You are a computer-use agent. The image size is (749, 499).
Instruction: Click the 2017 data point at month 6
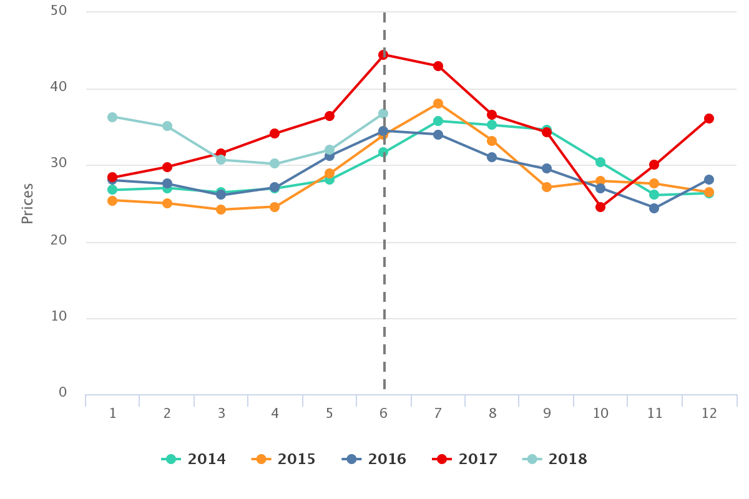coord(384,55)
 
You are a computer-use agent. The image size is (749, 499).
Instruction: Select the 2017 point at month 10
coord(600,207)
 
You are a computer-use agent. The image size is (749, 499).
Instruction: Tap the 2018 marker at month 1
coord(112,117)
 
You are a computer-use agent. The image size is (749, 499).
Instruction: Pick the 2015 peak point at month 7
coord(438,104)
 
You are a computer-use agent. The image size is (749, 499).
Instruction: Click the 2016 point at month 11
coord(654,208)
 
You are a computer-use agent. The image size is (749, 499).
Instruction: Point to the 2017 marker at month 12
coord(709,119)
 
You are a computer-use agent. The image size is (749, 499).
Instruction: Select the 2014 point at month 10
coord(600,162)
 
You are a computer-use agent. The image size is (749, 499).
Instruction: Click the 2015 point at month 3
coord(221,210)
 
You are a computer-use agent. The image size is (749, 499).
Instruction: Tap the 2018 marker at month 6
coord(383,114)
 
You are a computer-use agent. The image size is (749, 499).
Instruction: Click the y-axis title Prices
coord(27,203)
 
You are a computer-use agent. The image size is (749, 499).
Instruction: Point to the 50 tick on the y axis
coord(59,11)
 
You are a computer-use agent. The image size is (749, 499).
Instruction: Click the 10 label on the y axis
coord(59,316)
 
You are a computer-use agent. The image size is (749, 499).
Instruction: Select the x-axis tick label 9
coord(547,414)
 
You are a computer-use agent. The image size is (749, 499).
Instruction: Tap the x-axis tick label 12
coord(709,414)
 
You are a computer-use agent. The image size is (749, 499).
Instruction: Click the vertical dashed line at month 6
coord(384,281)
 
